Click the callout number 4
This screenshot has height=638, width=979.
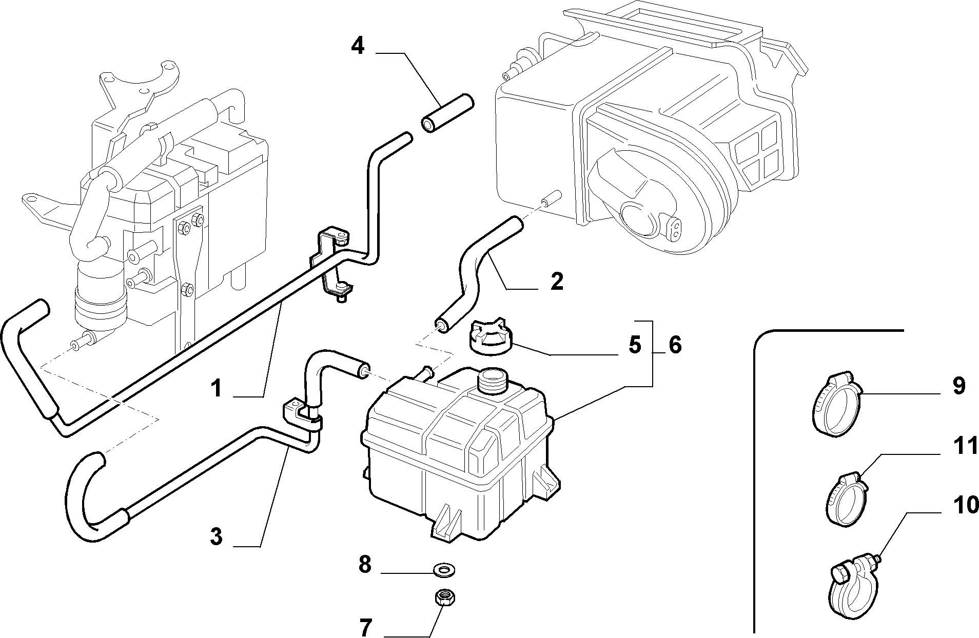click(x=358, y=47)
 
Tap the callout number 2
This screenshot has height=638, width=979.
click(x=557, y=282)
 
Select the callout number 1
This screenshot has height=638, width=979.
click(x=217, y=388)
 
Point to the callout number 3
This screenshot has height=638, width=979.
click(x=217, y=536)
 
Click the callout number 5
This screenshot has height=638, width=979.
click(x=635, y=345)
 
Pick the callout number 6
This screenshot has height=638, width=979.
click(x=675, y=345)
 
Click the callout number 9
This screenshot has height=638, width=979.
click(x=958, y=386)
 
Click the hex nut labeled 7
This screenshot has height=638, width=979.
click(x=444, y=597)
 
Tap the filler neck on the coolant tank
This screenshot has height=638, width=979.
click(x=492, y=380)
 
